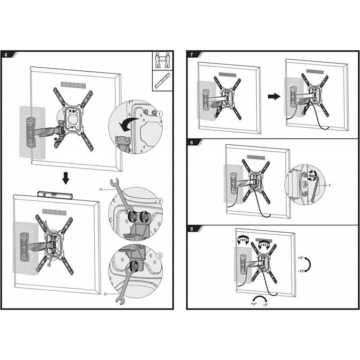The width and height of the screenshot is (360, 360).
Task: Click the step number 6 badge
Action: (6, 55)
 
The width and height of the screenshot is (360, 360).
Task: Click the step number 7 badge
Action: (192, 55)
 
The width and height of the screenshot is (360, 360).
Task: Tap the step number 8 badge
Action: (192, 142)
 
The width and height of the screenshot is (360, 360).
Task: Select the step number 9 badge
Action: (192, 229)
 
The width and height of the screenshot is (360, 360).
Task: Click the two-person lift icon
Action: (163, 60)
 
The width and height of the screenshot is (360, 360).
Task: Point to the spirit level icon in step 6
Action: (163, 81)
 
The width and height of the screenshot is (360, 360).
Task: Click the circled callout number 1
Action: (160, 114)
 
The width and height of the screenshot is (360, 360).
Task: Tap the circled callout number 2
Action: (159, 202)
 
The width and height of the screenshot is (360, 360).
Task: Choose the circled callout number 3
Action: (160, 255)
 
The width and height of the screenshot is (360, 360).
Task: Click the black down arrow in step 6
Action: (66, 178)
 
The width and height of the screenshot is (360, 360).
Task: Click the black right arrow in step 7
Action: (274, 96)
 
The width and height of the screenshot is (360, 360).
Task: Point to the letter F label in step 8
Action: (330, 185)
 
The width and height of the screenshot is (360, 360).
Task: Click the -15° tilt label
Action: (302, 271)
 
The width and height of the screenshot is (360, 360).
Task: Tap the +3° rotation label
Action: (253, 303)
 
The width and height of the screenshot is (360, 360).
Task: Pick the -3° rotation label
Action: (265, 305)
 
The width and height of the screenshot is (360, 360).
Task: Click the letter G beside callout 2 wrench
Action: (101, 189)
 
